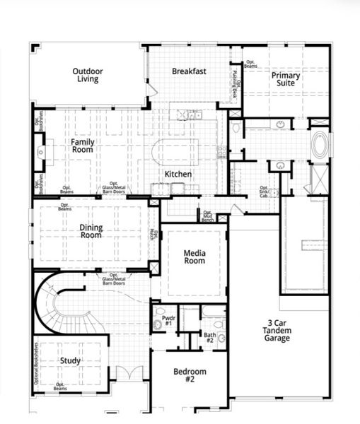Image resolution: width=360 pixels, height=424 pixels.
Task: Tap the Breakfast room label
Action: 189,71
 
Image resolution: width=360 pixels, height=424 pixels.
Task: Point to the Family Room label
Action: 82,146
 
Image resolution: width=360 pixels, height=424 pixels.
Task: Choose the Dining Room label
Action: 91,231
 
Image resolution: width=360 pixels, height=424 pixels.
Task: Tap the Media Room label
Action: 194,257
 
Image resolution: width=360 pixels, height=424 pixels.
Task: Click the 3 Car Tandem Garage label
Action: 277,331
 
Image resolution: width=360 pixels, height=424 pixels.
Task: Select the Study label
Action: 70,360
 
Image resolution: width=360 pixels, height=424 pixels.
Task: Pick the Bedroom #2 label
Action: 190,375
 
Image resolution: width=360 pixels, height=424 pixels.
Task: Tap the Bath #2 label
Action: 209,338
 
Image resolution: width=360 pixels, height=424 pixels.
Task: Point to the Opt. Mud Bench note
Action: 208,216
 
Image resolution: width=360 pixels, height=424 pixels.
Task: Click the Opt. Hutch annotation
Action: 153,234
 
